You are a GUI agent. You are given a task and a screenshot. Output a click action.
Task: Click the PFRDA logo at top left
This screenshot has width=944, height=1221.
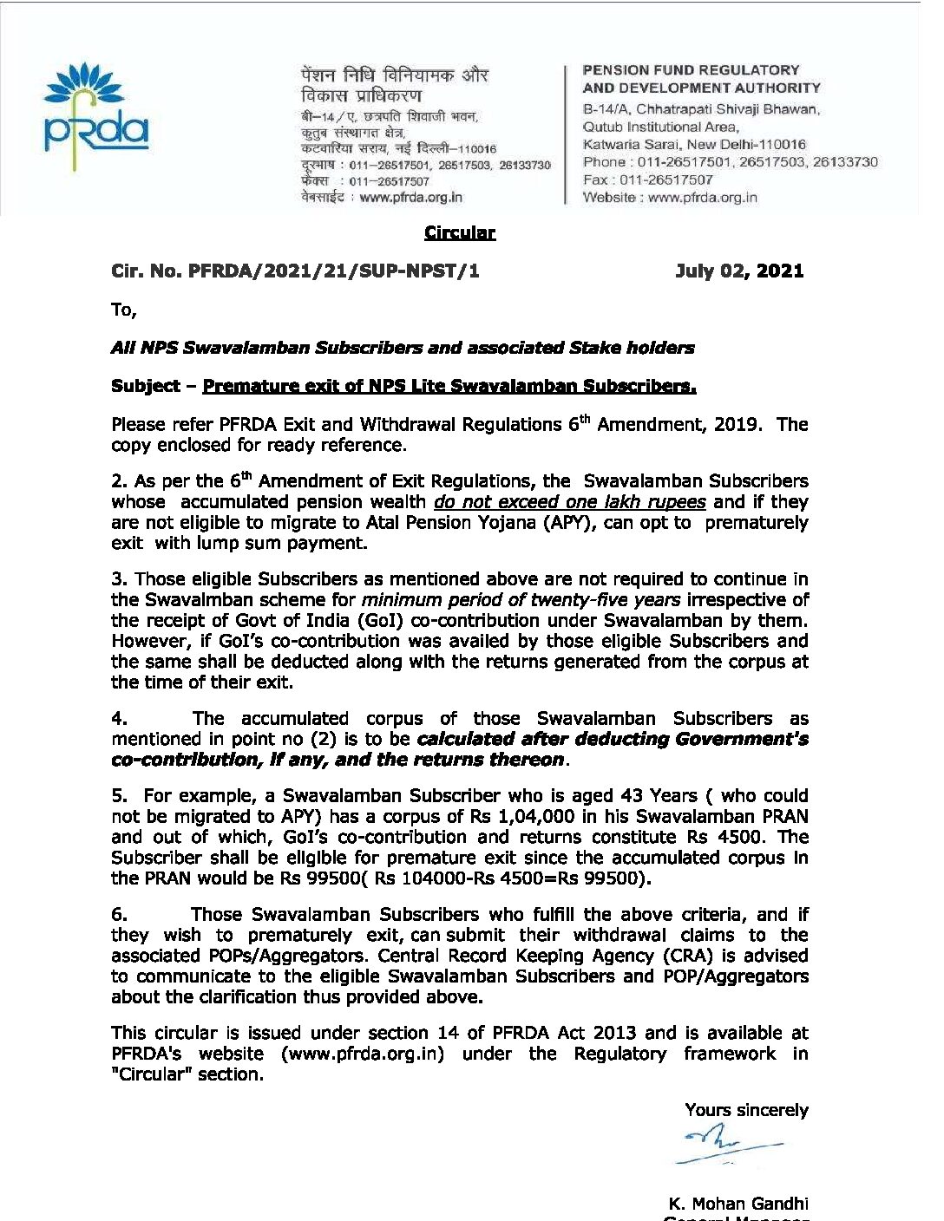pos(95,113)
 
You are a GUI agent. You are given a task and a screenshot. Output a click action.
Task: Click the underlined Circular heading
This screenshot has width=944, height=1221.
pos(459,232)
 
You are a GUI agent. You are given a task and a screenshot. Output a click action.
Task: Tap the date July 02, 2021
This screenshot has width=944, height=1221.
pos(739,271)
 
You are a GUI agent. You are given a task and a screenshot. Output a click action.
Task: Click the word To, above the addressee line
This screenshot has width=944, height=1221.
pos(123,310)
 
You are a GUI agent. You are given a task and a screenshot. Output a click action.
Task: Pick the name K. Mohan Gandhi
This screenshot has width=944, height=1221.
pos(738,1204)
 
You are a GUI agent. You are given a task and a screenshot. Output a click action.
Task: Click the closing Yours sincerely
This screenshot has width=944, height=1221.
pos(746,1110)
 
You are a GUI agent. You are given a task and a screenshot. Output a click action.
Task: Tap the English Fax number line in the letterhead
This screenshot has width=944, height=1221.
pos(647,180)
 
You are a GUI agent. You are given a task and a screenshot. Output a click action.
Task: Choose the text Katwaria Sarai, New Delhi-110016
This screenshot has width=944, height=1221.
pos(694,145)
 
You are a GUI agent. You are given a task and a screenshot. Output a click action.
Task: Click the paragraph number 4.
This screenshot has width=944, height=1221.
pos(119,719)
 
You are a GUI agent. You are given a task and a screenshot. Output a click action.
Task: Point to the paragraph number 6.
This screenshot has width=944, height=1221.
pos(119,915)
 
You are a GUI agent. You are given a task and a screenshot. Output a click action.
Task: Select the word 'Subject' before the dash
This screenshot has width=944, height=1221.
pos(145,386)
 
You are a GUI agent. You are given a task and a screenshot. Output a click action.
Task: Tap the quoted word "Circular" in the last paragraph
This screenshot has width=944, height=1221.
pos(153,1074)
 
